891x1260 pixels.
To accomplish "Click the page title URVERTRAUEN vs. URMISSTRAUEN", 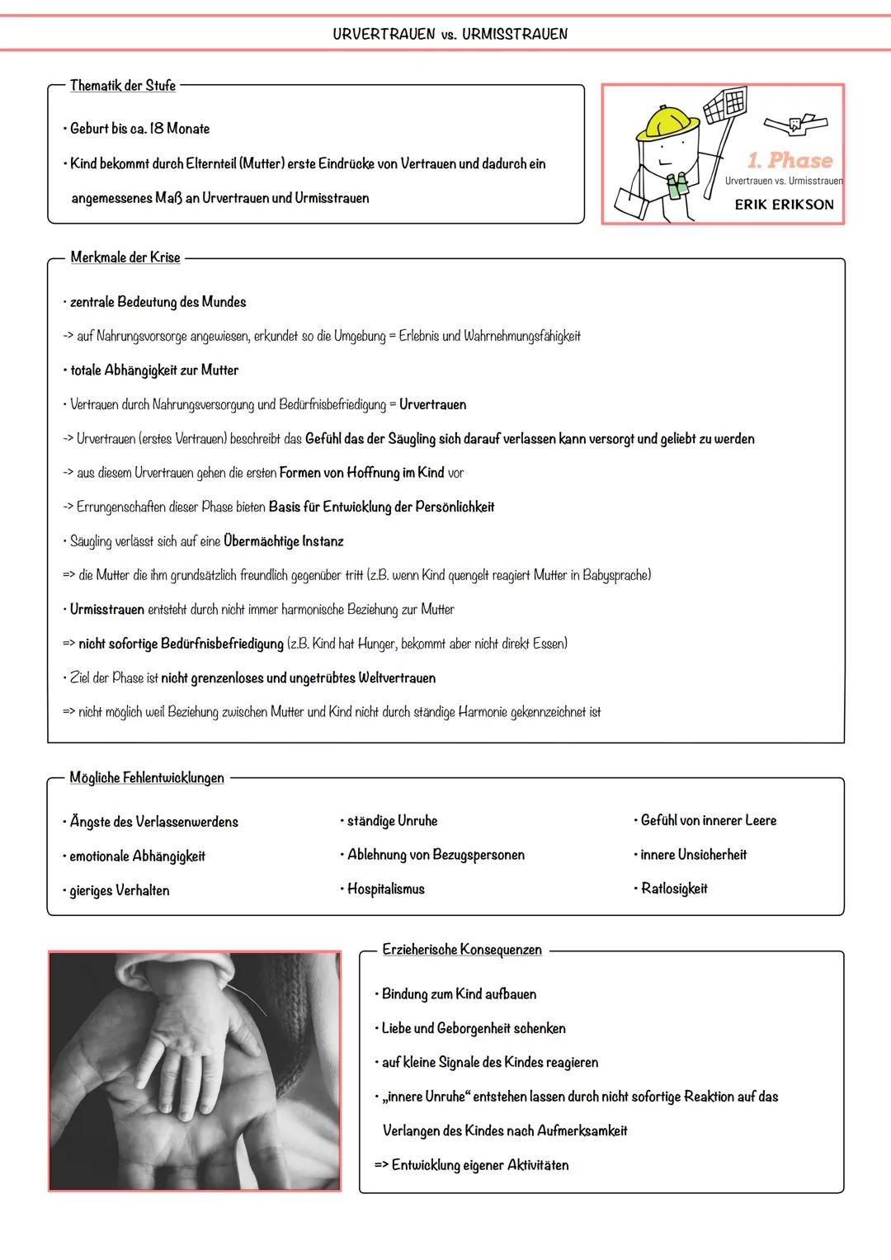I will click(x=450, y=34).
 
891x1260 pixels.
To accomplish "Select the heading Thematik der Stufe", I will click(x=123, y=86).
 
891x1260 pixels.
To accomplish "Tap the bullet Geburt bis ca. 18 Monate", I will click(x=139, y=129).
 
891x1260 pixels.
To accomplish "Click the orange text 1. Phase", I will click(x=790, y=160).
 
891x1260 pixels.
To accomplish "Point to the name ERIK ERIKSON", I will click(x=784, y=205).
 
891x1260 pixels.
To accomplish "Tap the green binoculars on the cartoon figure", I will click(x=678, y=186).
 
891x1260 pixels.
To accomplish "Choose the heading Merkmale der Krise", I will click(x=125, y=257).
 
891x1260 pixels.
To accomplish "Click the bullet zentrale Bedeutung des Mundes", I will click(x=158, y=302).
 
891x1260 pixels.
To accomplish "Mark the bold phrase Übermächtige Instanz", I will click(x=283, y=541).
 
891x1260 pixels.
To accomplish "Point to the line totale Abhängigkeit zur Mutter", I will click(x=154, y=370).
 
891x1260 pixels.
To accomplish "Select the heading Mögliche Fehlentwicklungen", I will click(x=147, y=778).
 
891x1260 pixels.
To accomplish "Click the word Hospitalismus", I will click(x=385, y=890).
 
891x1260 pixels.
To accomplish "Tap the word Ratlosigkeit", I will click(x=674, y=889).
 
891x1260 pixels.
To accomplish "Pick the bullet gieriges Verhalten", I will click(x=119, y=890).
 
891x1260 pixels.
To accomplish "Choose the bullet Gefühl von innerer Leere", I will click(x=708, y=820).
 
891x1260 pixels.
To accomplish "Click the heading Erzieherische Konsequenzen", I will click(x=462, y=950).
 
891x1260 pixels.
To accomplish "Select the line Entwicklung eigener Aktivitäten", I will click(x=479, y=1165).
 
